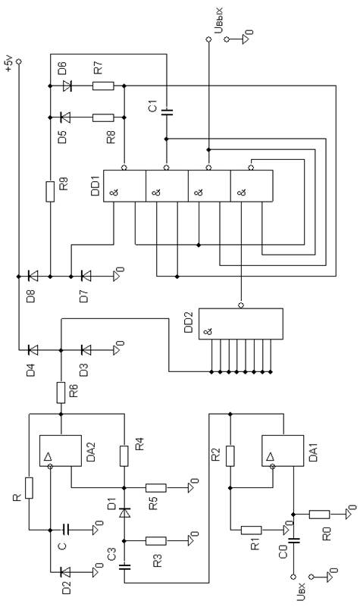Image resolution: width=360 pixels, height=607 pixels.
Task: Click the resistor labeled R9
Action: point(50,191)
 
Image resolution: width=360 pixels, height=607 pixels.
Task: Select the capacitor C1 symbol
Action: point(167,112)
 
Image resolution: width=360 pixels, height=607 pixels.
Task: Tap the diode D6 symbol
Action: point(67,86)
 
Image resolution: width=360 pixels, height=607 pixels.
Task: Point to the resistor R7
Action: point(103,86)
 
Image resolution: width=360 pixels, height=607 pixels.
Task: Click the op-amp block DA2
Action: point(61,451)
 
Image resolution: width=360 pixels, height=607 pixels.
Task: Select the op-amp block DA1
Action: point(283,451)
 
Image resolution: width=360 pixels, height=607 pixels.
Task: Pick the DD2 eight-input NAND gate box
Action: point(241,324)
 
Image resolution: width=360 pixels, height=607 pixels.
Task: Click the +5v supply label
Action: point(9,64)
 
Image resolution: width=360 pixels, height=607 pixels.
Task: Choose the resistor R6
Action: point(61,393)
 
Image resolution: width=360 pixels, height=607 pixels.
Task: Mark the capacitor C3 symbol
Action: point(124,567)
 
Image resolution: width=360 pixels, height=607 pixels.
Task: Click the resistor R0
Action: point(319,514)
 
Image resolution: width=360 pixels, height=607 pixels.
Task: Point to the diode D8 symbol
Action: point(33,276)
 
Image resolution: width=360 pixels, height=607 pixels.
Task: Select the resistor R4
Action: point(124,455)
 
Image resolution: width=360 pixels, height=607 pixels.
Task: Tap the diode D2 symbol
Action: point(66,571)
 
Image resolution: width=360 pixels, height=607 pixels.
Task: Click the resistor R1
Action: point(251,530)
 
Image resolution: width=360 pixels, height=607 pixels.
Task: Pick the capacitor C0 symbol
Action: point(293,541)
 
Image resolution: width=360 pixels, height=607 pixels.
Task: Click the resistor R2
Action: point(230,455)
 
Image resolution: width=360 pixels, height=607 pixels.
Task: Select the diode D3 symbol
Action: point(86,350)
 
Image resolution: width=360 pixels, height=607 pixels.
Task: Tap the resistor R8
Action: point(103,117)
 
